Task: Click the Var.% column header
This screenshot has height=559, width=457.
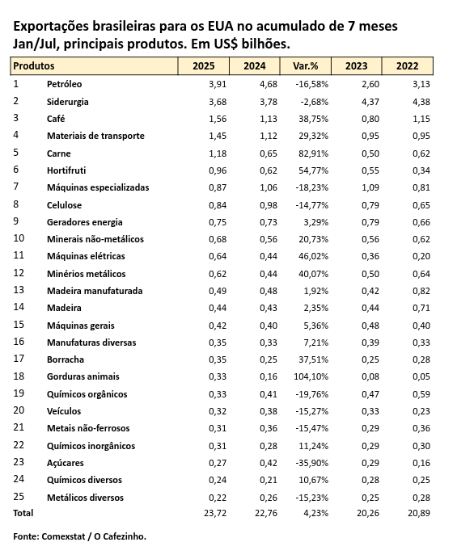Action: [305, 66]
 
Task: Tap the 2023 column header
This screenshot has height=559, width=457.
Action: [357, 66]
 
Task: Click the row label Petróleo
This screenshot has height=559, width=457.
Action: [64, 84]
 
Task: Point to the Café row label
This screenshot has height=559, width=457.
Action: [56, 119]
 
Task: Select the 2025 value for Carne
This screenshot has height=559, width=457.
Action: [218, 153]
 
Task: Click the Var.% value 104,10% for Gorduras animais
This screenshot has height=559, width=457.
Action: [311, 376]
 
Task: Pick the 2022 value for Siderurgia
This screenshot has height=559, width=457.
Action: [421, 102]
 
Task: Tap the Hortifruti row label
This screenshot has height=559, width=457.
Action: [66, 170]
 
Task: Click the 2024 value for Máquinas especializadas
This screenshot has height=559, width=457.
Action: [269, 187]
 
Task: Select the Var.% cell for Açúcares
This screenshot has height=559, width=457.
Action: [311, 463]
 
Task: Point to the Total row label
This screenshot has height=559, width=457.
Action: [23, 513]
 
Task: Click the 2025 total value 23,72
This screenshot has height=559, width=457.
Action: [215, 513]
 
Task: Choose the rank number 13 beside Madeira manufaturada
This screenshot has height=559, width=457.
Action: [19, 290]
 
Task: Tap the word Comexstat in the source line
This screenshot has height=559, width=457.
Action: [64, 536]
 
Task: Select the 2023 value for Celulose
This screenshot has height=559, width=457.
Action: [370, 205]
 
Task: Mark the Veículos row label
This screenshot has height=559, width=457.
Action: [64, 411]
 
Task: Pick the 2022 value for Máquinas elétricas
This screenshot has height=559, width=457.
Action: [421, 256]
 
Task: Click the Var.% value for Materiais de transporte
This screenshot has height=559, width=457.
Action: [314, 136]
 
